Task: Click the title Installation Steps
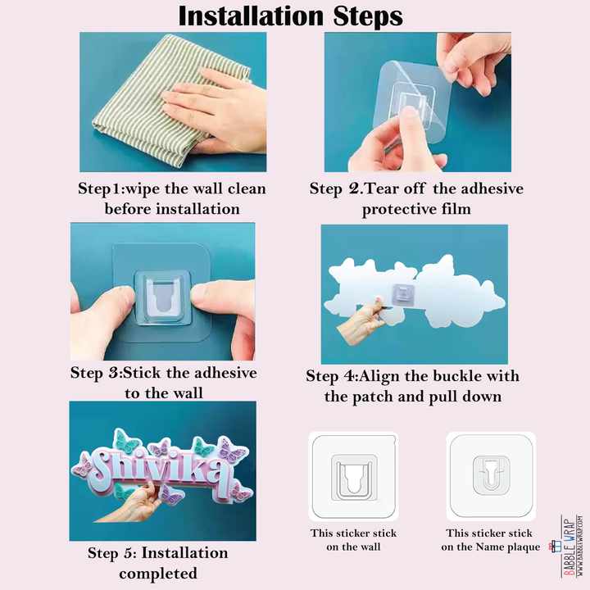(290, 16)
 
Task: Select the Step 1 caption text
(172, 198)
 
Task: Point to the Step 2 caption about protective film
(416, 198)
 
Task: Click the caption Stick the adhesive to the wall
(164, 383)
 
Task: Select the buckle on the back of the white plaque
(403, 294)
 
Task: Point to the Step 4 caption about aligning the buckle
(413, 386)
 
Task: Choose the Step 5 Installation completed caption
(158, 563)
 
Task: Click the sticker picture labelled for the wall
(353, 476)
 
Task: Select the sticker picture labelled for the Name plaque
(491, 476)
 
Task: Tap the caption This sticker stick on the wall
(353, 539)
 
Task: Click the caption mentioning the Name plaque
(490, 539)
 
